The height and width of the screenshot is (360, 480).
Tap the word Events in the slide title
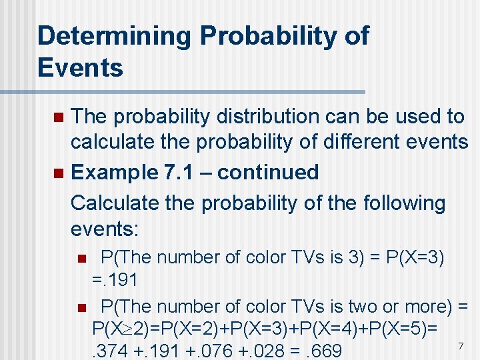tap(80, 67)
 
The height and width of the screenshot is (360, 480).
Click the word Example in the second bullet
tap(111, 172)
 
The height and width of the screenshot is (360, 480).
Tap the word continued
tap(268, 172)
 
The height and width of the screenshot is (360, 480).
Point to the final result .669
tap(321, 351)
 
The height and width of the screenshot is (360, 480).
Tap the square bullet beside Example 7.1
tap(57, 173)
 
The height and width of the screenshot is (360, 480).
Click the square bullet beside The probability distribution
tap(57, 117)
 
